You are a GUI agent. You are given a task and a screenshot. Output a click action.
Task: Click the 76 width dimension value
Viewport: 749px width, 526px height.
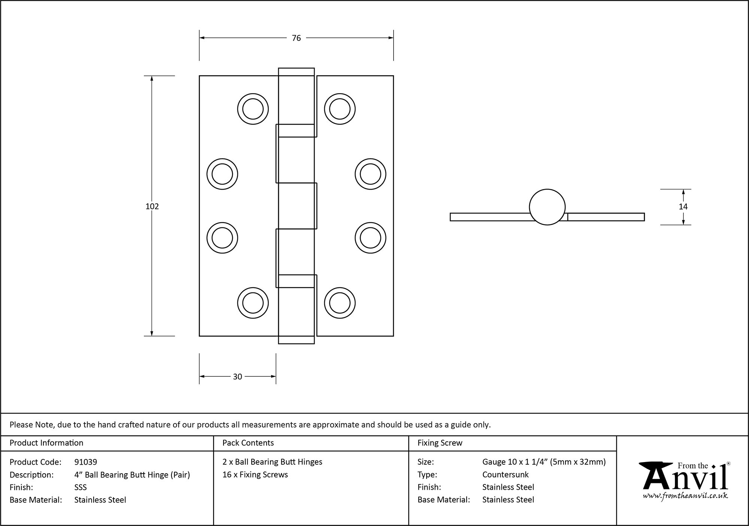click(x=296, y=38)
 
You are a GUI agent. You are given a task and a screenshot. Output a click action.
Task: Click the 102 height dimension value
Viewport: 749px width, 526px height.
click(x=152, y=206)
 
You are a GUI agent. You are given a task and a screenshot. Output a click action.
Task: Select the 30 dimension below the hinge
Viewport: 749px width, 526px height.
click(x=237, y=377)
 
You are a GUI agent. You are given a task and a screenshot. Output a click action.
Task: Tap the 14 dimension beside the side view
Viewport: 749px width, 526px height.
click(x=683, y=207)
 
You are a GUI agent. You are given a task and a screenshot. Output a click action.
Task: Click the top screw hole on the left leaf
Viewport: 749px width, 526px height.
click(x=253, y=109)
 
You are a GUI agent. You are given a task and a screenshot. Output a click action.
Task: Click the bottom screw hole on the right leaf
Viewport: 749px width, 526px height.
click(x=340, y=303)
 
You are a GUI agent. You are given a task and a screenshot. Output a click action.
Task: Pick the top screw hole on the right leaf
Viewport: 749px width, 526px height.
click(x=340, y=109)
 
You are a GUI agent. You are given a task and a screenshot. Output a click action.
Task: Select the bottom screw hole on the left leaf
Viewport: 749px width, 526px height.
click(x=253, y=303)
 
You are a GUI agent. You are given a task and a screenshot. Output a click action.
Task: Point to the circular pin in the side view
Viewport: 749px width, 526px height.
click(x=547, y=207)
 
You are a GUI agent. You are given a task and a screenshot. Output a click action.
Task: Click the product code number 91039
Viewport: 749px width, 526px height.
click(x=86, y=462)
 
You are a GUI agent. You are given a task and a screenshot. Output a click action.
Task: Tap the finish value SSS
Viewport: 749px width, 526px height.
click(x=81, y=487)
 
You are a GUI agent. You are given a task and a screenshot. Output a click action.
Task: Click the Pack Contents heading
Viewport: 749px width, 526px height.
click(x=248, y=443)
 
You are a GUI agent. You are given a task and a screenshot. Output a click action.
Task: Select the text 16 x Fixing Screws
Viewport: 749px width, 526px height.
click(x=255, y=475)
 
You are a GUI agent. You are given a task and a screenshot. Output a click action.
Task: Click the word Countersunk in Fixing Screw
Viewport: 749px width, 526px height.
click(x=505, y=475)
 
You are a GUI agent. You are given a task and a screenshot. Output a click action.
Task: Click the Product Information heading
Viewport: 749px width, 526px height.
click(x=46, y=443)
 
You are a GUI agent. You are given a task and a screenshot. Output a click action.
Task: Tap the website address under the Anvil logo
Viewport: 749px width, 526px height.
click(x=685, y=496)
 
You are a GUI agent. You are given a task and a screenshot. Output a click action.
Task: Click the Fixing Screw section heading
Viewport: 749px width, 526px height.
click(x=440, y=443)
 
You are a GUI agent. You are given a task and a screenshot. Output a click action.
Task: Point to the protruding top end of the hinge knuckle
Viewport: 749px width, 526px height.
click(x=296, y=72)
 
